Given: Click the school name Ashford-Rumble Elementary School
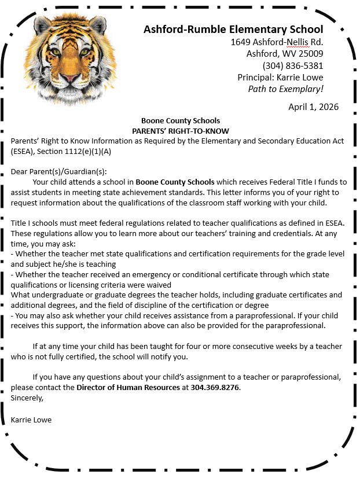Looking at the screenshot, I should pos(233,30).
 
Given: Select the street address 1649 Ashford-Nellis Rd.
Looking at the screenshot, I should pos(277,42).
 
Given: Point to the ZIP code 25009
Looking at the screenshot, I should pos(310,54).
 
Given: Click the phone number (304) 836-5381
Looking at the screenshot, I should pos(293,65).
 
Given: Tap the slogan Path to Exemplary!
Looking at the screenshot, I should pos(285,89).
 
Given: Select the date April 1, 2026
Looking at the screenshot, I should pos(313,107).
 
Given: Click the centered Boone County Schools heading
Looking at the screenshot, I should pos(181,121).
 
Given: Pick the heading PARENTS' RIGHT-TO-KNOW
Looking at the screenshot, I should pos(181,131).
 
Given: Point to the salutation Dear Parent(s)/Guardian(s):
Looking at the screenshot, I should pos(59,172).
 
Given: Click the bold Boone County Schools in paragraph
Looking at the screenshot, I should pos(175,182).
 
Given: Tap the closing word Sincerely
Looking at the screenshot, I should pos(27,398).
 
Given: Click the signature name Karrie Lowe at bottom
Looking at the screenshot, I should pos(31,420).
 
